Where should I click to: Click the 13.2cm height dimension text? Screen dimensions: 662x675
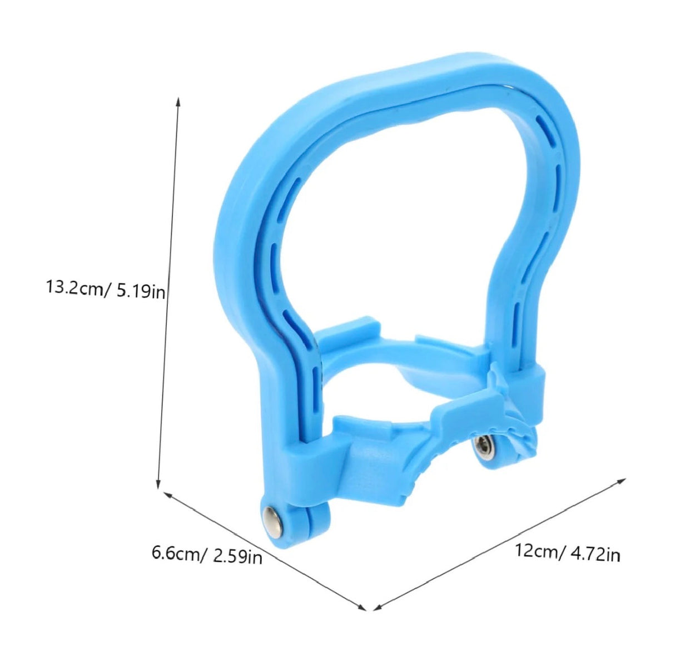click(77, 289)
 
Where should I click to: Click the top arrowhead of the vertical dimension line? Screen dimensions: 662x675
click(178, 101)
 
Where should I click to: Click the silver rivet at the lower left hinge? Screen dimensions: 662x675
click(272, 514)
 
